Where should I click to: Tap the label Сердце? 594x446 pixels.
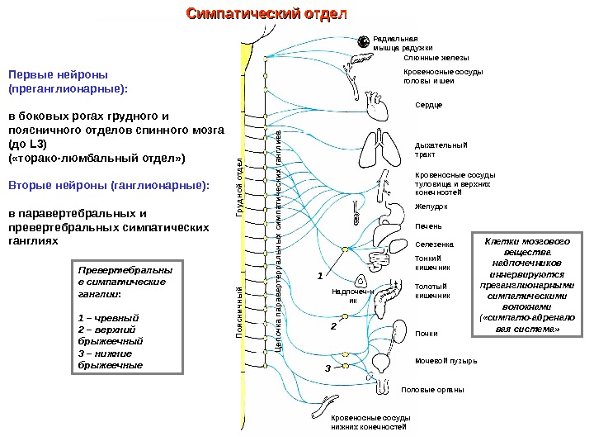click(x=428, y=105)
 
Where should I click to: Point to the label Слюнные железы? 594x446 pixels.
click(x=436, y=59)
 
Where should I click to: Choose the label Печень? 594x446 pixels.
click(x=428, y=225)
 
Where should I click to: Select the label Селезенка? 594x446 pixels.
click(x=434, y=244)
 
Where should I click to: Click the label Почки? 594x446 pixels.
click(x=427, y=334)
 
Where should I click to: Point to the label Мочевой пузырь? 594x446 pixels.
click(x=445, y=361)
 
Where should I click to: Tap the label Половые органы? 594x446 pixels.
click(x=432, y=389)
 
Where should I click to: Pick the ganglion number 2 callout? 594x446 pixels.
click(x=333, y=327)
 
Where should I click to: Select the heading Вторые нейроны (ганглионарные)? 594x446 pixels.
click(x=109, y=186)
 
